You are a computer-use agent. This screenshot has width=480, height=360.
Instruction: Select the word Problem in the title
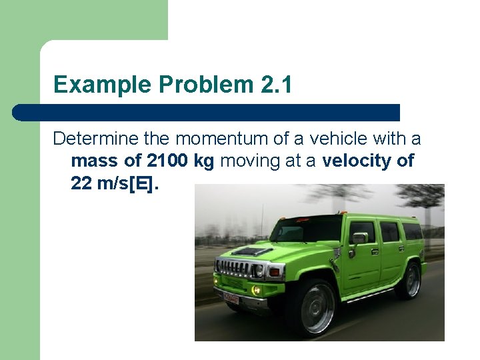click(203, 85)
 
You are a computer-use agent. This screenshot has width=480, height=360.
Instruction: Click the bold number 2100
click(169, 161)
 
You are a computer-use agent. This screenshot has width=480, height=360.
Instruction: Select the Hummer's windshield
click(301, 231)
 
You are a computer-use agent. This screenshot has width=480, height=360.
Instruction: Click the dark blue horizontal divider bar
click(207, 112)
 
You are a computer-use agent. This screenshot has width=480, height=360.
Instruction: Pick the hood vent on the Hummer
click(254, 251)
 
